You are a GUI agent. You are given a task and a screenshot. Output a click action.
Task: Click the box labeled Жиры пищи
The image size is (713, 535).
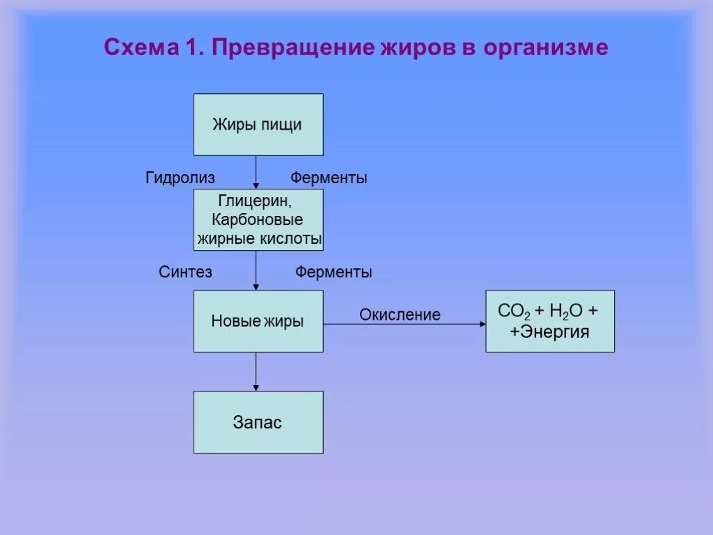[x=258, y=125]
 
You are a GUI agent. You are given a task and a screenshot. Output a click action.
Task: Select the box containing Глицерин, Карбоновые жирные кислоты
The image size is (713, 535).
[x=258, y=219]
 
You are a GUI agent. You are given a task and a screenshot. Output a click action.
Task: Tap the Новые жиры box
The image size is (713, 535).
[x=258, y=321]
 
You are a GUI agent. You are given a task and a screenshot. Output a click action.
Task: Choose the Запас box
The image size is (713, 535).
[x=258, y=422]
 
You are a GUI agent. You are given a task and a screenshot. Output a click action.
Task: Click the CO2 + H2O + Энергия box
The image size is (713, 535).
[x=549, y=321]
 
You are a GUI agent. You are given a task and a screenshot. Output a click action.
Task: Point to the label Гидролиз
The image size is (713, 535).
[x=180, y=178]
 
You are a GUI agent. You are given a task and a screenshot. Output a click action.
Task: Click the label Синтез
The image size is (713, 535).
[x=185, y=272]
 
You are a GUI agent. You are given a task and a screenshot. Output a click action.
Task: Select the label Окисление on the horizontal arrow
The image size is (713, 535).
[x=400, y=315]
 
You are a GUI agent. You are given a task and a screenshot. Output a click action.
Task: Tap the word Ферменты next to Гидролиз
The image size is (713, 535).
[x=329, y=178]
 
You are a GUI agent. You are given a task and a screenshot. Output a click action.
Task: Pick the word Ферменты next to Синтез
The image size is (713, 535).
[x=334, y=272]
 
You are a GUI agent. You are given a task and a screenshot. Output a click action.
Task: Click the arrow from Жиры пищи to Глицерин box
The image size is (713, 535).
[x=256, y=171]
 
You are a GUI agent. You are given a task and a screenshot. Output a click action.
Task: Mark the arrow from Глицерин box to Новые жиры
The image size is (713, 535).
[x=256, y=270]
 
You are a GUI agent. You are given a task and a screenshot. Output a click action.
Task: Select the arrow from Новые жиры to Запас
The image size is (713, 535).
[x=256, y=371]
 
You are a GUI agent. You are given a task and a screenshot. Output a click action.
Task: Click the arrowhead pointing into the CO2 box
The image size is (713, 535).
[x=482, y=324]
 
